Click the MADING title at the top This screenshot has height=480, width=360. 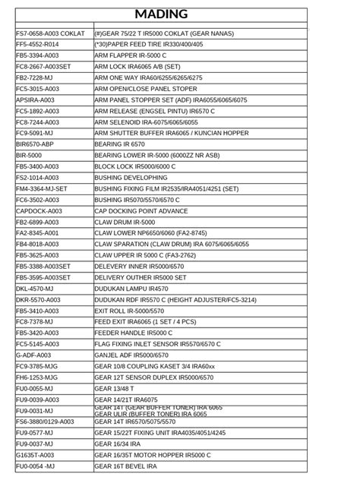161,14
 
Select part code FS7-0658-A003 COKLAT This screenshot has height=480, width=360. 50,34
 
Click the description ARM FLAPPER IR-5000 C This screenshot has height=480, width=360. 130,56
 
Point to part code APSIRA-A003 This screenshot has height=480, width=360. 35,100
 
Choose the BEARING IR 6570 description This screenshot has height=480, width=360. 119,144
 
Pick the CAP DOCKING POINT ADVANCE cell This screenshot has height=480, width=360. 141,211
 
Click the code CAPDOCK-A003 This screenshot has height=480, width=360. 39,211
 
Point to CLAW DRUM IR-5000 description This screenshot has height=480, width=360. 125,222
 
